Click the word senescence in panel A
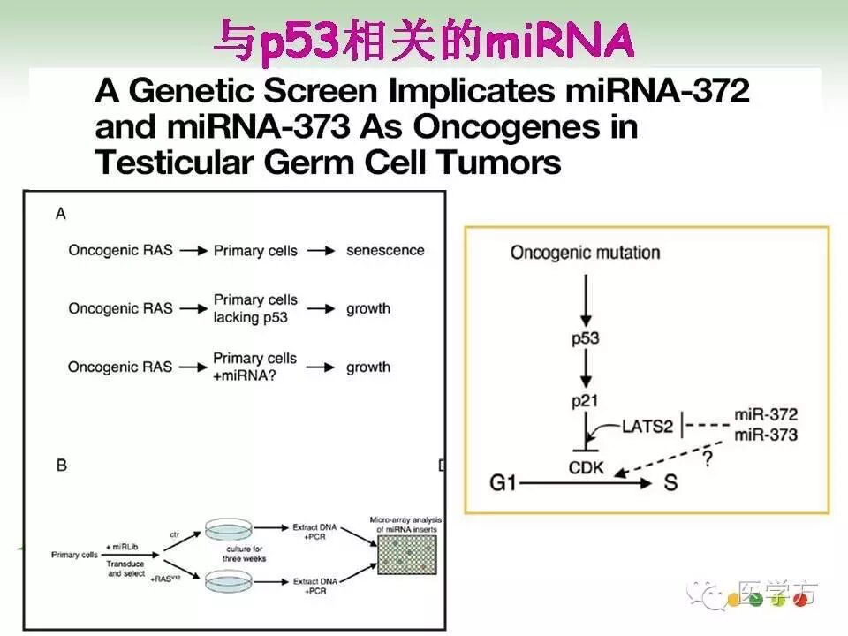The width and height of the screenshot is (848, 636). pos(385,250)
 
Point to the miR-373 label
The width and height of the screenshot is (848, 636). pos(766,435)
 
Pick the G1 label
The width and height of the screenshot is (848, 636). pos(507,483)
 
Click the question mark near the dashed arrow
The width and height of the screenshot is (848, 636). pos(706,461)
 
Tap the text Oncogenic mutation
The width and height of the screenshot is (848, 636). pos(585,253)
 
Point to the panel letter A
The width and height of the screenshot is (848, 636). pos(61,213)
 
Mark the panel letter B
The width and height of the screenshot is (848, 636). pos(61,465)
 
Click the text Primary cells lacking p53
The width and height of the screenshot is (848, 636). pos(255,308)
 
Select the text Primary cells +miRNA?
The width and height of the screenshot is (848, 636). pos(255,366)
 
